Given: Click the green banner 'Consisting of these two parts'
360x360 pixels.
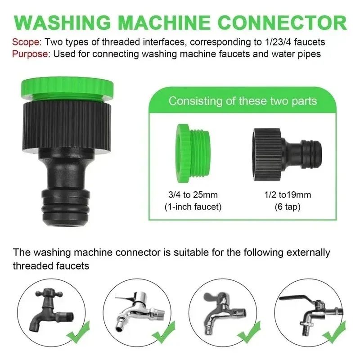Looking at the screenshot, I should [243, 100].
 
